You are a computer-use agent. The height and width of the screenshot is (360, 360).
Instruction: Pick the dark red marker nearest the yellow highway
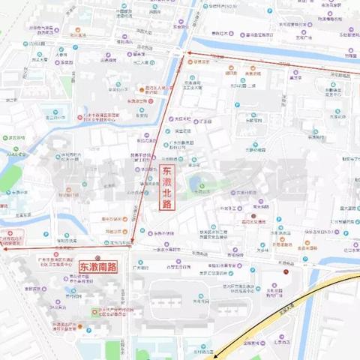[286, 272]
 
